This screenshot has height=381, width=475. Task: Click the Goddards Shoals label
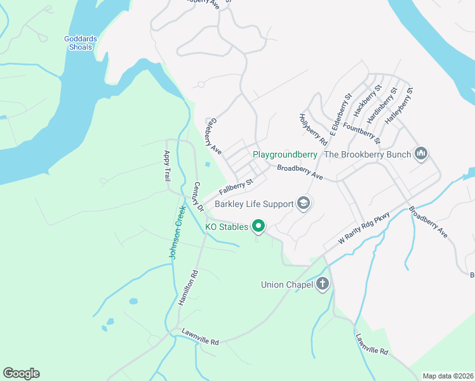pyautogui.click(x=81, y=43)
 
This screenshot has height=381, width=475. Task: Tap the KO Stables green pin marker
pyautogui.click(x=258, y=225)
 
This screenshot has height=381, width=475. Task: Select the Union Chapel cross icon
pyautogui.click(x=323, y=284)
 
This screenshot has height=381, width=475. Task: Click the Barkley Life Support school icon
pyautogui.click(x=304, y=203)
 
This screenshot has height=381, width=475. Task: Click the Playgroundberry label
pyautogui.click(x=284, y=154)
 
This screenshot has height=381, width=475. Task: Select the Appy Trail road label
pyautogui.click(x=167, y=164)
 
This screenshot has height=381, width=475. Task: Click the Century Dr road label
pyautogui.click(x=197, y=197)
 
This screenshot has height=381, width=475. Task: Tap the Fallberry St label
pyautogui.click(x=236, y=186)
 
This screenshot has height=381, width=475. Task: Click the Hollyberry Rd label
pyautogui.click(x=312, y=129)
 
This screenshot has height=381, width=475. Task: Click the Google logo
pyautogui.click(x=21, y=373)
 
